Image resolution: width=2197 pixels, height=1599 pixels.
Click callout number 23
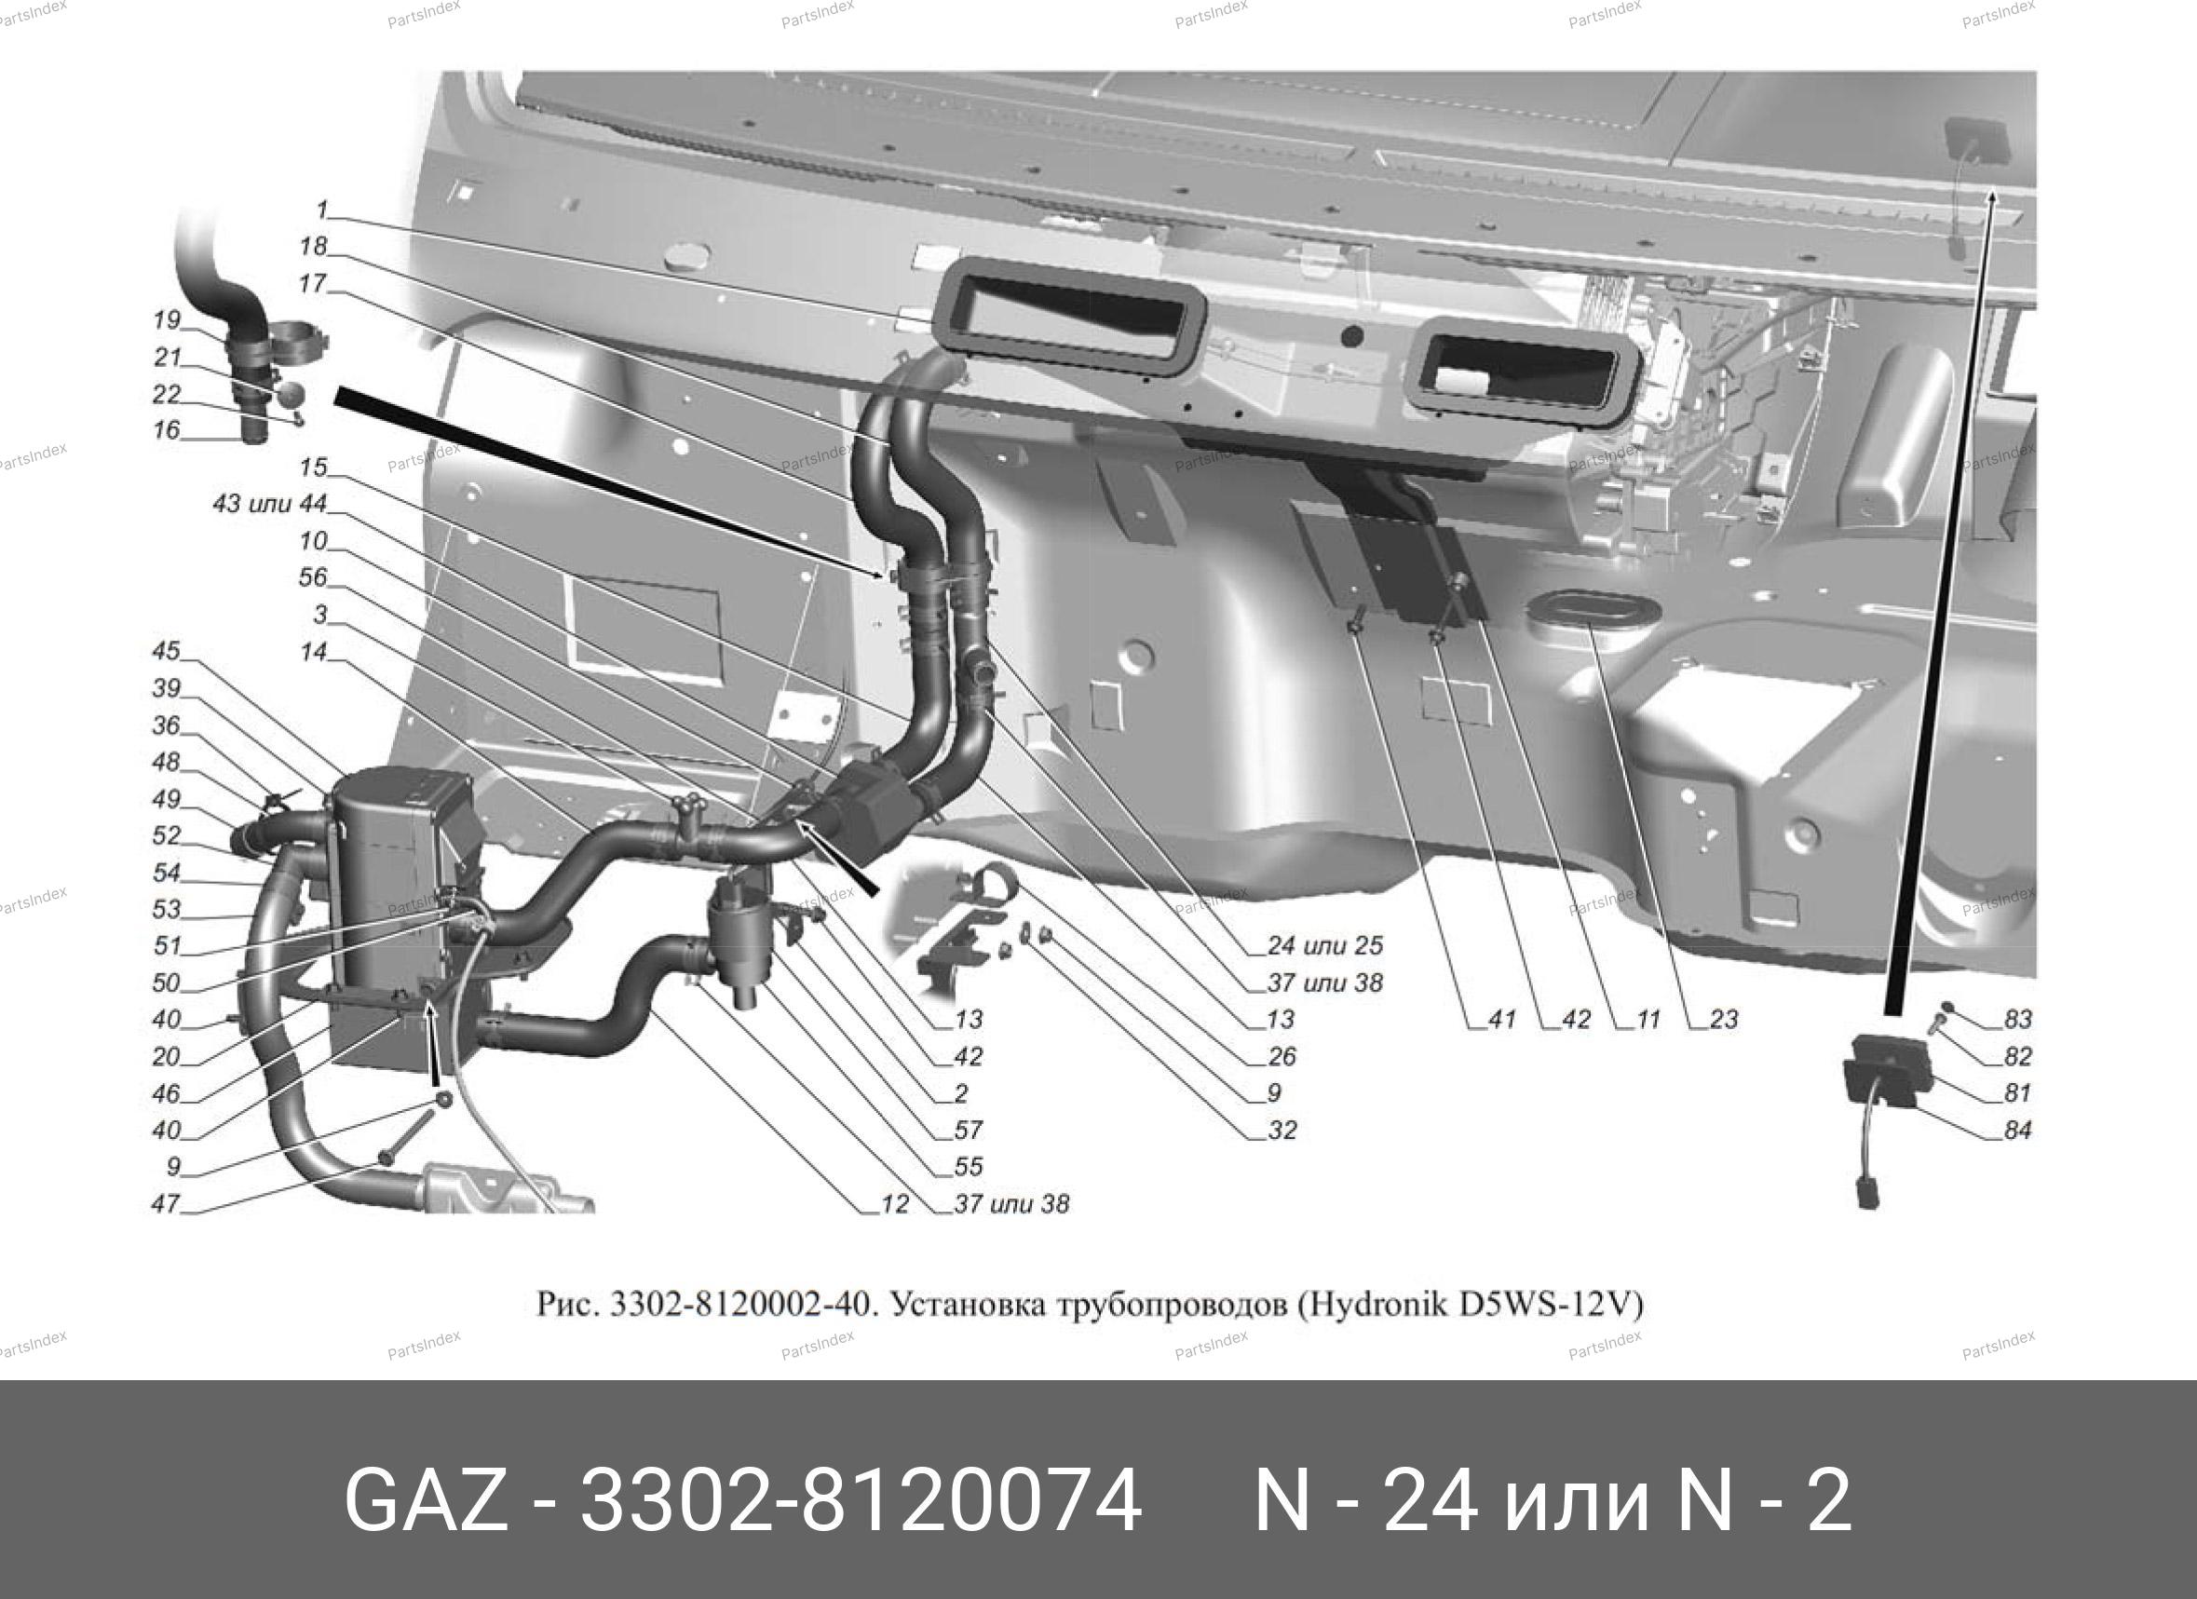(1724, 1019)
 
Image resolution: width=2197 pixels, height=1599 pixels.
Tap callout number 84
(2018, 1130)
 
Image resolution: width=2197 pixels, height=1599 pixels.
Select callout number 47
(166, 1203)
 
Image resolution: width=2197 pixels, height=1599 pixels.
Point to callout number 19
(167, 319)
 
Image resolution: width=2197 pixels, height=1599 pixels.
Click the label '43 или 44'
(270, 504)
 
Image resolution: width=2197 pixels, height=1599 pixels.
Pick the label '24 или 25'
(1326, 945)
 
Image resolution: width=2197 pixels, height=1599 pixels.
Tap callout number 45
(166, 651)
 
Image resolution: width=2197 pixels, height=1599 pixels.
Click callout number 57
(969, 1130)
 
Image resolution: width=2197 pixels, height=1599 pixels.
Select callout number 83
(2018, 1019)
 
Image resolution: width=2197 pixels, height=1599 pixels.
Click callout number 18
(313, 246)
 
